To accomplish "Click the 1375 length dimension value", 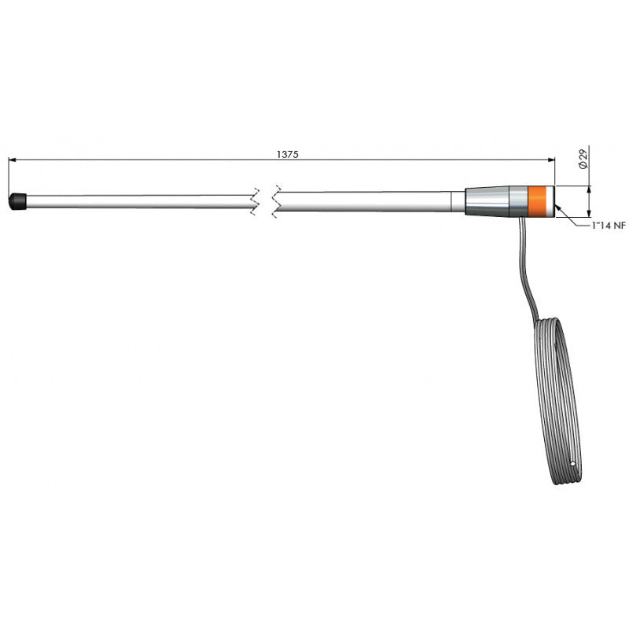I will tap(287, 155).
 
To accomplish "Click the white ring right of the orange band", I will tap(553, 200).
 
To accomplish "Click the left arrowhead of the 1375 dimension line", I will tap(12, 160).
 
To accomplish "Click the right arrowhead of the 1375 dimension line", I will tap(551, 160).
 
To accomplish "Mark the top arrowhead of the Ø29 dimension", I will tap(589, 189).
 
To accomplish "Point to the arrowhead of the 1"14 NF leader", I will tap(557, 208).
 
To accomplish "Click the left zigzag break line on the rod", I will tap(254, 201).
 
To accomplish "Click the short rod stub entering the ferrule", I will tap(458, 200).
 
